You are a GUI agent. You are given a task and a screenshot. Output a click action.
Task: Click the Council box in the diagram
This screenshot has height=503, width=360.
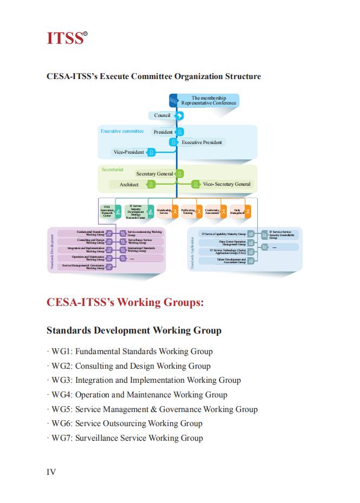(162, 115)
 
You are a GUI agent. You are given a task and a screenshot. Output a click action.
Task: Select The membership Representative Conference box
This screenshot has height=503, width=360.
(208, 100)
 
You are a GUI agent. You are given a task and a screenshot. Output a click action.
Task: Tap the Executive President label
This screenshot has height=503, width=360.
(201, 142)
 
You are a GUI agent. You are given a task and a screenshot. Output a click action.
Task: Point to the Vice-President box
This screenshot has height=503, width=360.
(129, 152)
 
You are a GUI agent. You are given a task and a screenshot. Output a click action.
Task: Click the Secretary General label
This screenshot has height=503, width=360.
(155, 174)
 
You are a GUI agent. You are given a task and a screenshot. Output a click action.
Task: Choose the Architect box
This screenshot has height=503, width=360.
(129, 185)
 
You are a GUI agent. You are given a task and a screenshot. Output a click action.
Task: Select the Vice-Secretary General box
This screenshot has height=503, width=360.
(226, 184)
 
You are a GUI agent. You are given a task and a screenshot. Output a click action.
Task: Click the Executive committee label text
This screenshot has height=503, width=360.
(122, 131)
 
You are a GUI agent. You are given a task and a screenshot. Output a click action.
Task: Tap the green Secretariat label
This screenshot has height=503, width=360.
(113, 169)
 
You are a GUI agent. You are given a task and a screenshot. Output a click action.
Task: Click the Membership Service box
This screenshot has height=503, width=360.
(164, 211)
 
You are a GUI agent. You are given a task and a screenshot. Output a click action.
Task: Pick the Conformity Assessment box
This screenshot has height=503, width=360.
(212, 211)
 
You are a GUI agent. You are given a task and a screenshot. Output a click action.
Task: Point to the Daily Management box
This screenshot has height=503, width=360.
(237, 211)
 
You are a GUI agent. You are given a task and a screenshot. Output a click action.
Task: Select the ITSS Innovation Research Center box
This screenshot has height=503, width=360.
(107, 211)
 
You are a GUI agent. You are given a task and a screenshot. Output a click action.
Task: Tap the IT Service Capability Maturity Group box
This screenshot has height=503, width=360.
(224, 234)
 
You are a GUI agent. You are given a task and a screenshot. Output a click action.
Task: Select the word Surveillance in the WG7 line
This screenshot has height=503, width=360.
(96, 438)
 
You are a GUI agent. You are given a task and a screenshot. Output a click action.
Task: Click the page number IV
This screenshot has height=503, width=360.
(51, 472)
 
